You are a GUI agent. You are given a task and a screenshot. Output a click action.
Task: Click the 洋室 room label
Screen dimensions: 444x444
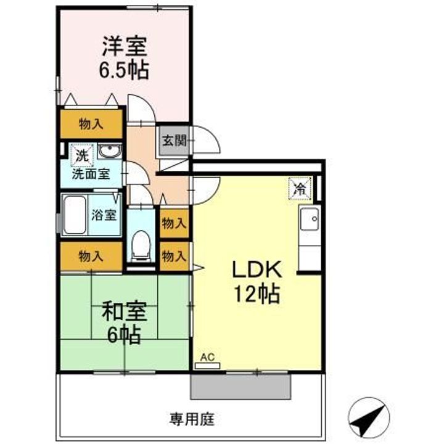[125, 46]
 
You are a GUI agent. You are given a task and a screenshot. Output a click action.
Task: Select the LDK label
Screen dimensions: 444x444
[257, 269]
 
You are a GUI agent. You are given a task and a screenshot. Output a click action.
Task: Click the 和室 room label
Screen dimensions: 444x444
[125, 311]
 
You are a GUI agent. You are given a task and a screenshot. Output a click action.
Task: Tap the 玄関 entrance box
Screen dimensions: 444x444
[175, 141]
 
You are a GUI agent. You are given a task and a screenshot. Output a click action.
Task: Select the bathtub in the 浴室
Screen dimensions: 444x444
[75, 215]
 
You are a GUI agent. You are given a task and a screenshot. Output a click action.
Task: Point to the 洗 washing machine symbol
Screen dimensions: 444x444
[82, 155]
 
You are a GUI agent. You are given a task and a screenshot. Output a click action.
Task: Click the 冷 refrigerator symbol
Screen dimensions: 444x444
[300, 188]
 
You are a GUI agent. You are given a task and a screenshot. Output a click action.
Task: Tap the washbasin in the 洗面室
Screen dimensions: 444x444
[110, 152]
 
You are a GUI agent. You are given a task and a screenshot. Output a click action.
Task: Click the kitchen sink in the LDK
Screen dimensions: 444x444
[310, 219]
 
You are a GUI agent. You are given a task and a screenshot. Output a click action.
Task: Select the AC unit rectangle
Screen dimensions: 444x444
[208, 366]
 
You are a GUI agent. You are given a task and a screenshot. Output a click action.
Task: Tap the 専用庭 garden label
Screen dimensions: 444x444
[192, 419]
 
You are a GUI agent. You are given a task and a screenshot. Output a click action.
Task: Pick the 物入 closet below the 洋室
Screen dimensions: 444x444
[91, 124]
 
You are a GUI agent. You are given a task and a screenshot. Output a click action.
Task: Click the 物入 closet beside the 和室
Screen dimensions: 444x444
[91, 257]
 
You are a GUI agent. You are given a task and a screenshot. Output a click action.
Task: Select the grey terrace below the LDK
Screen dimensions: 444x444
[241, 387]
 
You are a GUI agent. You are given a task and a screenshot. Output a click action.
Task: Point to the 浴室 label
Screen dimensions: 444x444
[104, 215]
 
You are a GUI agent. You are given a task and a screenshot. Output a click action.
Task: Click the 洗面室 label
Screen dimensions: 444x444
[91, 174]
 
